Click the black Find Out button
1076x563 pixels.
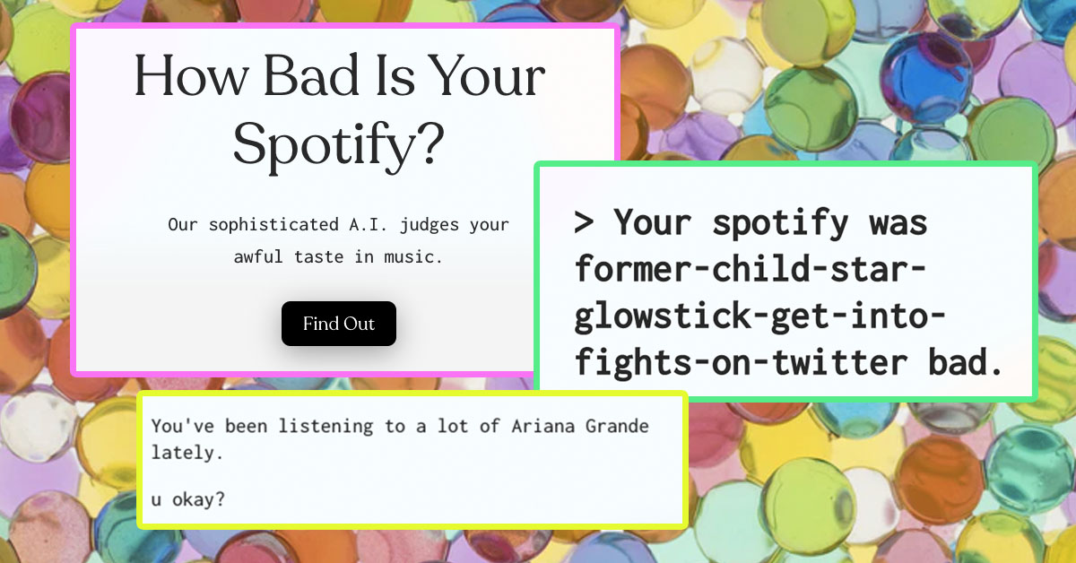[x=338, y=324]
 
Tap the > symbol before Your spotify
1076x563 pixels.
[x=585, y=221]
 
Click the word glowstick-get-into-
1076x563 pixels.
[x=760, y=316]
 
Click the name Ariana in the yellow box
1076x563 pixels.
[x=542, y=426]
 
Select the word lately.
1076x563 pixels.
[x=187, y=453]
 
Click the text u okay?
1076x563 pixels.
[x=187, y=498]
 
